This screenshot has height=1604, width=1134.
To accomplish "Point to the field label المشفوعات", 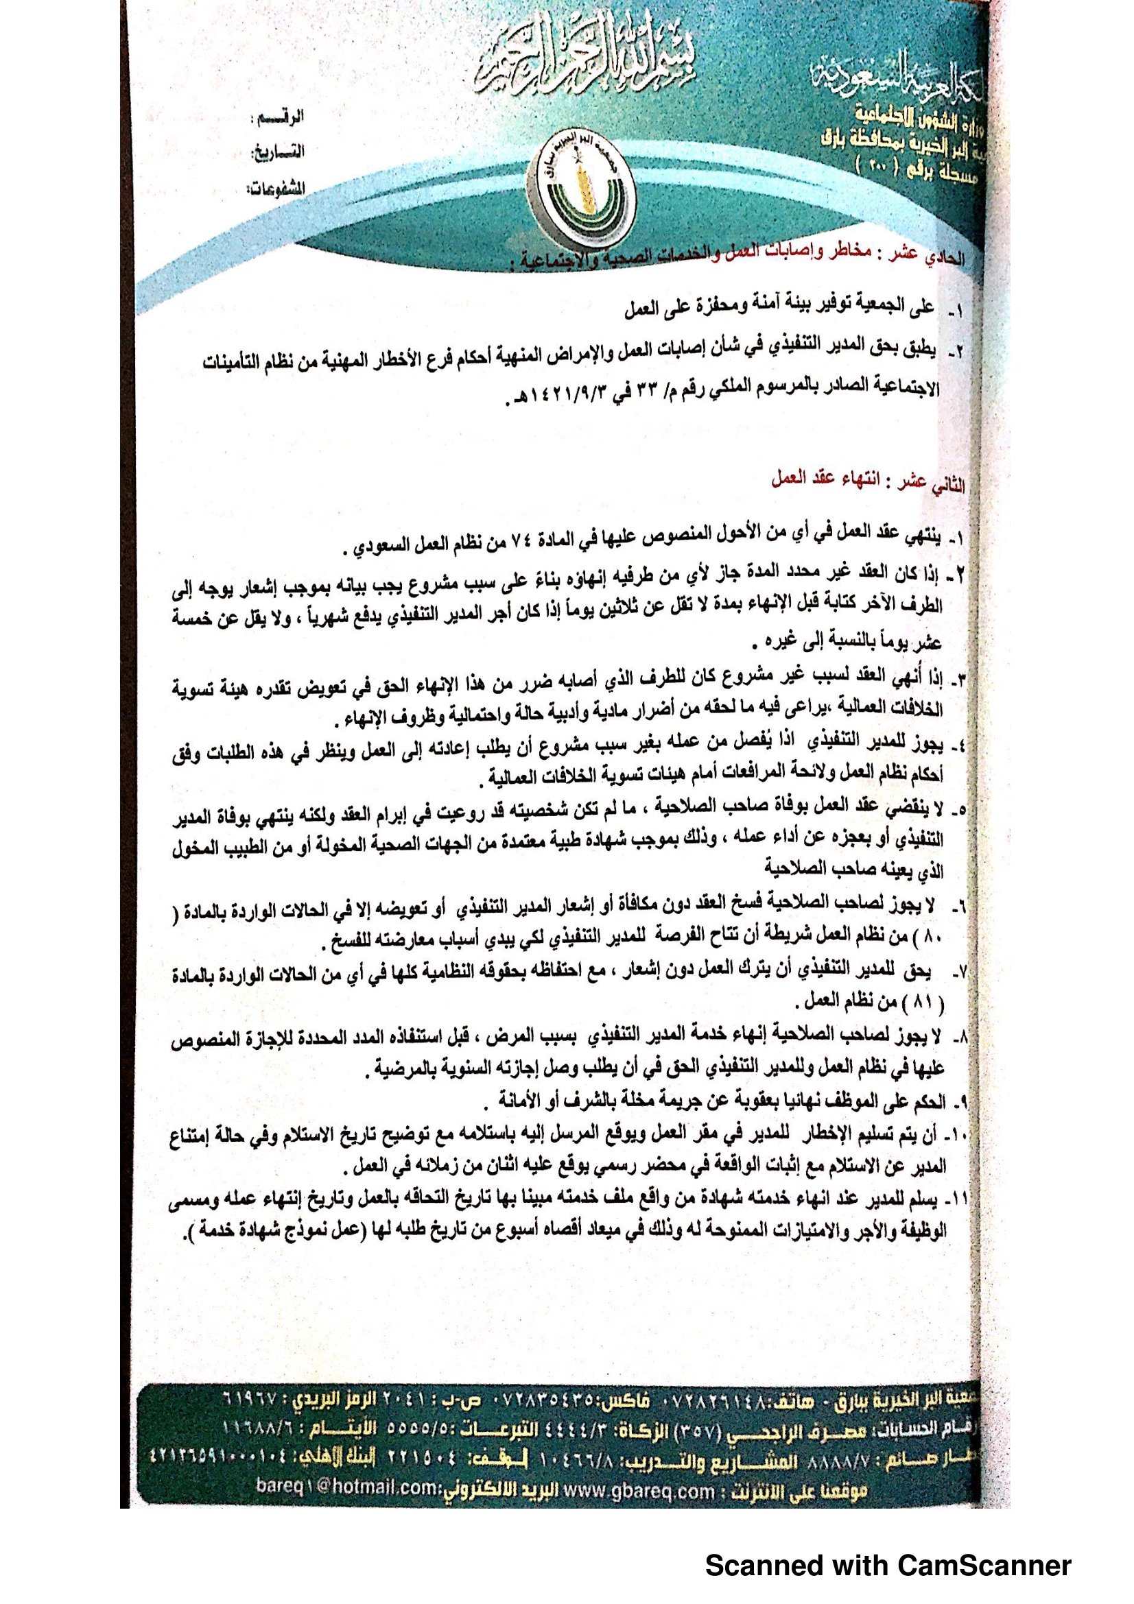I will (276, 189).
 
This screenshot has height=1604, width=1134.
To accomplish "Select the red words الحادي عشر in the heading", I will (931, 256).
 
